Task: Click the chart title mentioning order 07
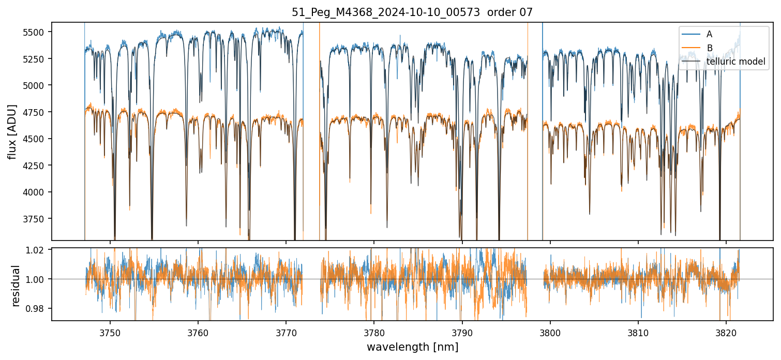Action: coord(412,13)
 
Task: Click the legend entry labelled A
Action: coord(709,34)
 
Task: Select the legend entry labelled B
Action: coord(709,48)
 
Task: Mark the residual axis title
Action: coord(16,286)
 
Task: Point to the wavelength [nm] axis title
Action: coord(412,347)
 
